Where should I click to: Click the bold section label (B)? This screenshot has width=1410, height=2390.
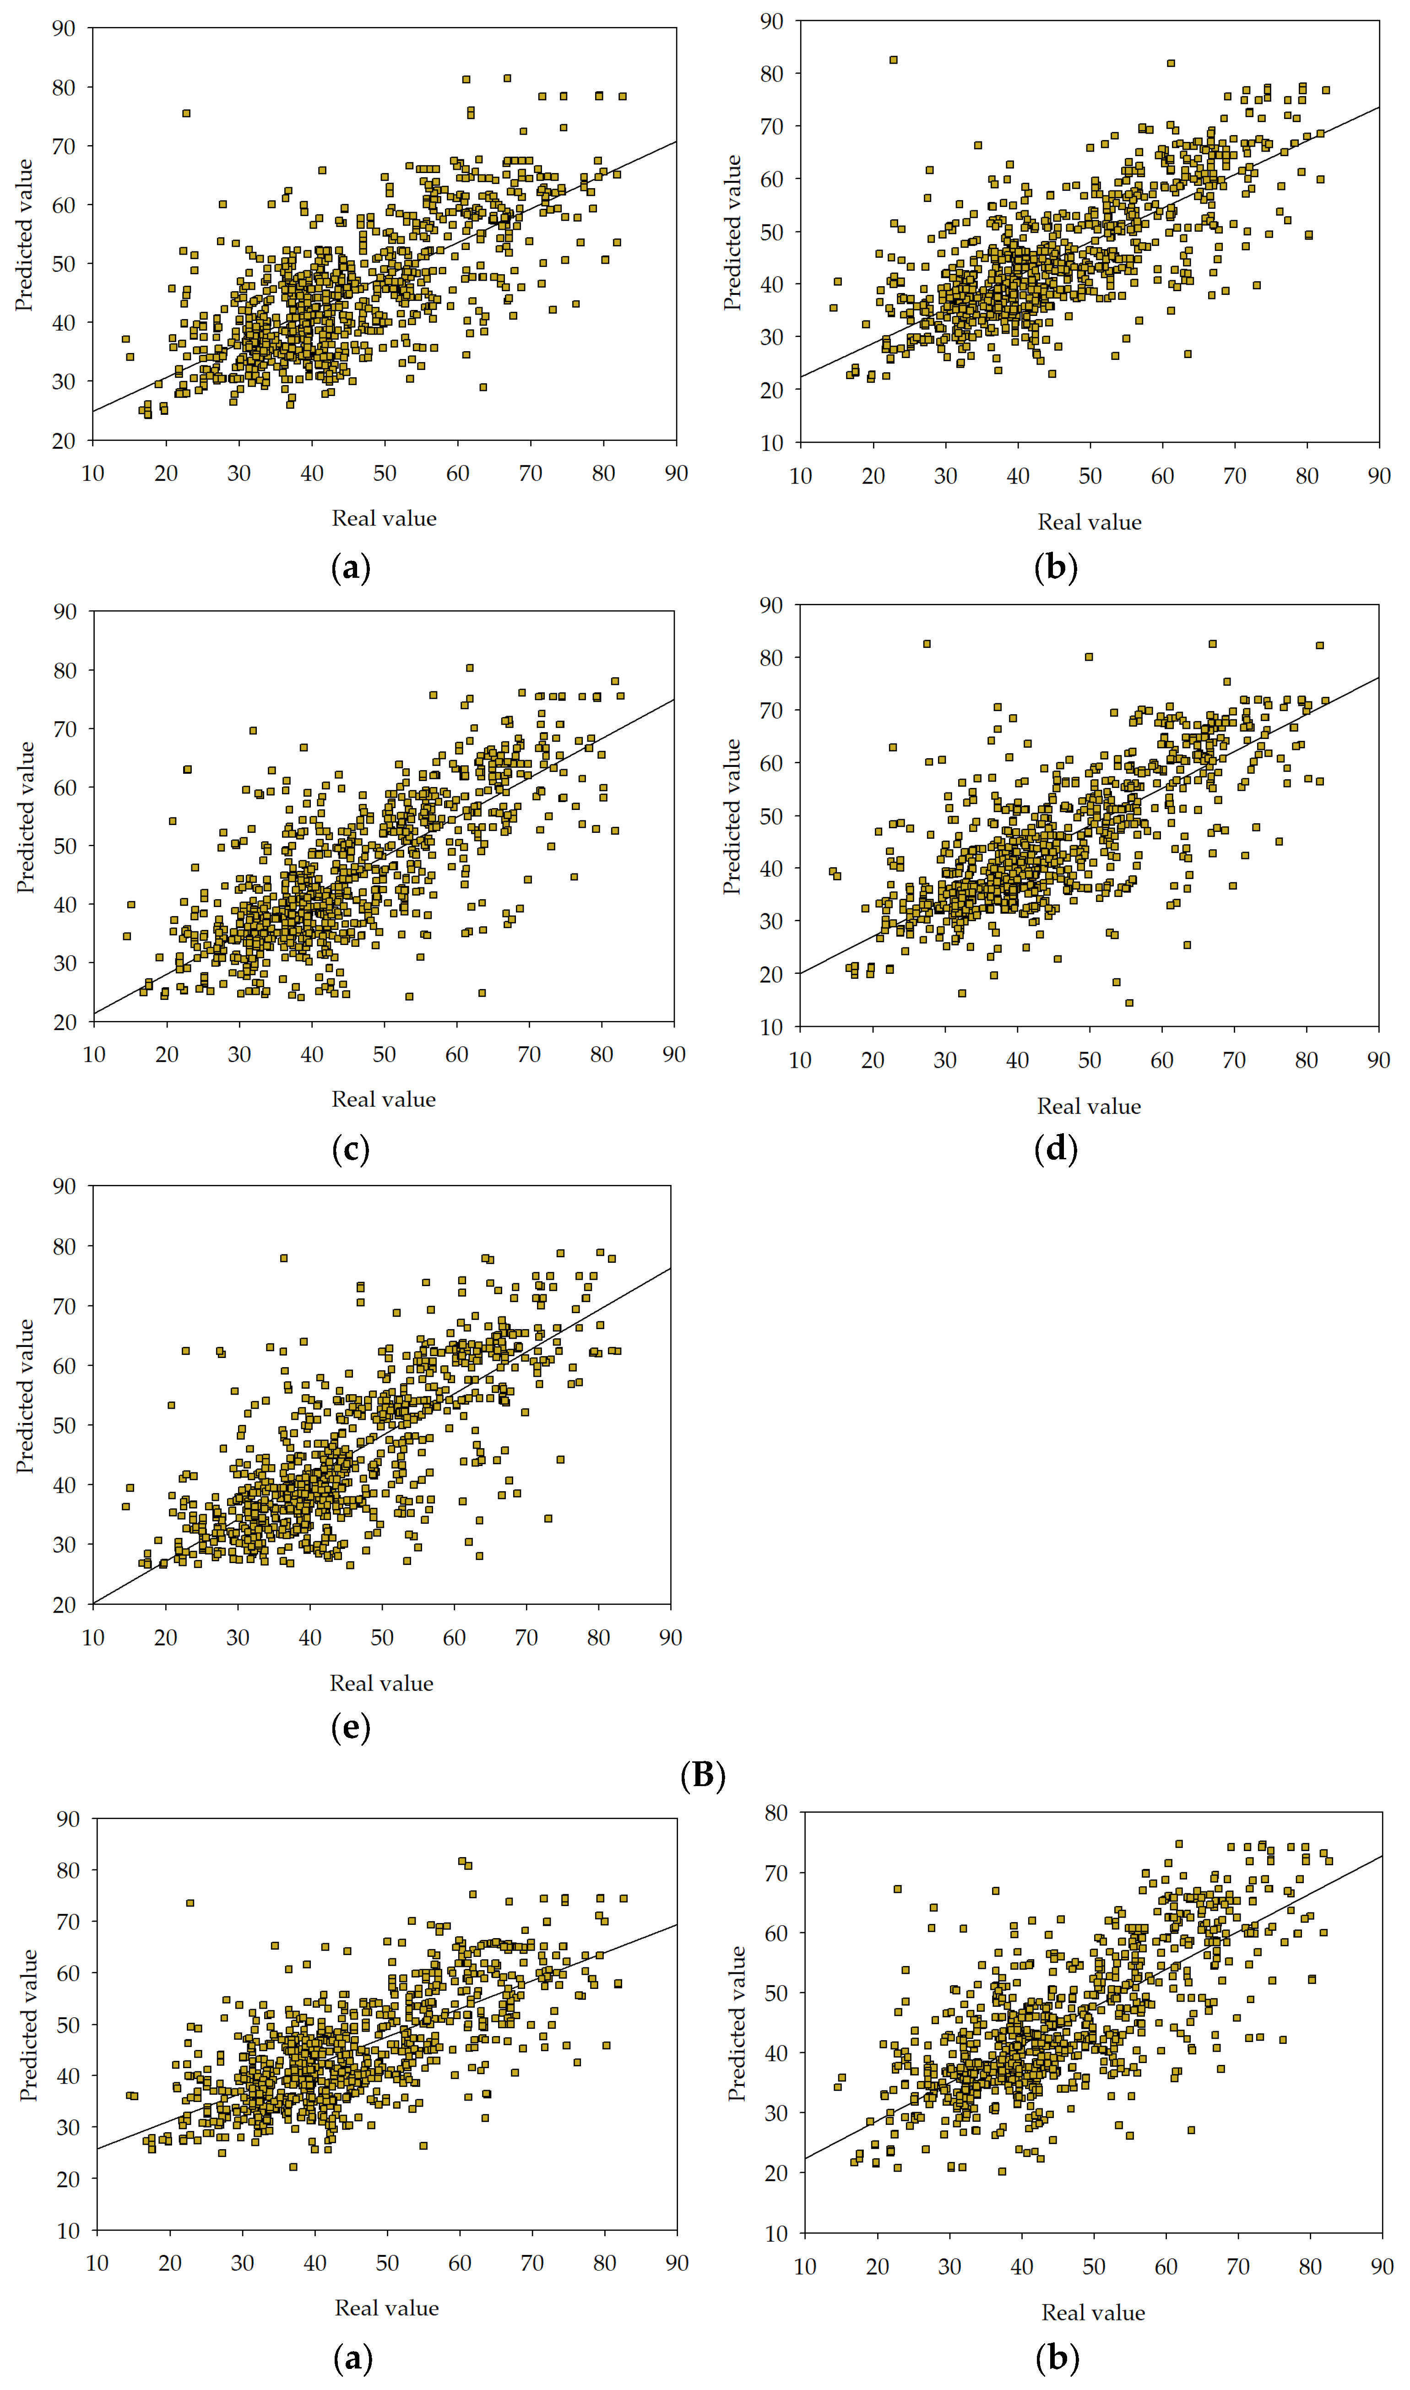703,1775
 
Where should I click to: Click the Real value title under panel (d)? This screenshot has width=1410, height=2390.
1089,1106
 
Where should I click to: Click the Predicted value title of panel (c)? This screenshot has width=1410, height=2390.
26,817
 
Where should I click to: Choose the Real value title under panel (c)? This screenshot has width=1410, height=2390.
384,1099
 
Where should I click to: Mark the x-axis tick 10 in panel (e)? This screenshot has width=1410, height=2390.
93,1637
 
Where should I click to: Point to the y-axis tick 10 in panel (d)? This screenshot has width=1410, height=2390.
771,1027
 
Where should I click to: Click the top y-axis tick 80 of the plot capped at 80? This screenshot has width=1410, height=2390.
776,1813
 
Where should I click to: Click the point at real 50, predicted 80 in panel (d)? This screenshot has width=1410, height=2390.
1089,657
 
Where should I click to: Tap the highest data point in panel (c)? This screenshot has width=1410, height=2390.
469,668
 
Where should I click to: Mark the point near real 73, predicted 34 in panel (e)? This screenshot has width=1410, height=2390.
548,1519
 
